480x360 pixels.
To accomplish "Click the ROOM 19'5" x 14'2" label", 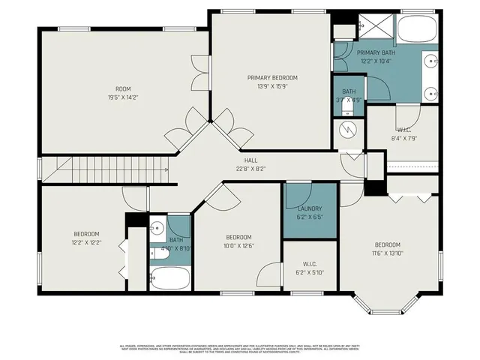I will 123,92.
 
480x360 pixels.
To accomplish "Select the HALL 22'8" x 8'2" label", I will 250,164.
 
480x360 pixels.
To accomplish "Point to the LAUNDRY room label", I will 310,212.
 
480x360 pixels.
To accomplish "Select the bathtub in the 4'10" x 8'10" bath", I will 169,279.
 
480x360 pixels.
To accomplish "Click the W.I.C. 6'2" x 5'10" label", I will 309,268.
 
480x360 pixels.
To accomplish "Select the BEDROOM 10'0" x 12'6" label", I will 238,240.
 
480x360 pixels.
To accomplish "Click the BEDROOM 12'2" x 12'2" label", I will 85,238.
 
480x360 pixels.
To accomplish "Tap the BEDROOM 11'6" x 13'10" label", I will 388,249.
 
